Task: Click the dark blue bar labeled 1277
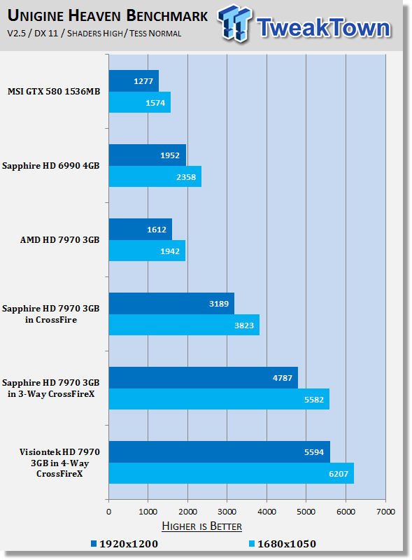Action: [134, 80]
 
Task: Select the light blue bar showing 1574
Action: [140, 102]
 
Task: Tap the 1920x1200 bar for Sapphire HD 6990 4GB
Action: [148, 155]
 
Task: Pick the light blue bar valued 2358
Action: [155, 176]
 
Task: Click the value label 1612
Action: [157, 230]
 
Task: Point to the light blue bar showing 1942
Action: [147, 251]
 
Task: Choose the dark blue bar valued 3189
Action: [171, 304]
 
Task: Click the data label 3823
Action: [244, 325]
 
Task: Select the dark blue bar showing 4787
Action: [203, 378]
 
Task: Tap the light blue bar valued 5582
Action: [219, 399]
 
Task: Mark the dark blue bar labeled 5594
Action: [220, 451]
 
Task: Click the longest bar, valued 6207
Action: [232, 473]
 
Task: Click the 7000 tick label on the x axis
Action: [385, 512]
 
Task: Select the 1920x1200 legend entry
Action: [125, 544]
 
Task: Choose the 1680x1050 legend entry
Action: [283, 544]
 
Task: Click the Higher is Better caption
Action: [201, 526]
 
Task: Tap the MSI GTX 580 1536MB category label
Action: [54, 92]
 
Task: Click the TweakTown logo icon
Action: [234, 24]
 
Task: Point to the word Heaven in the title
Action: [95, 15]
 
